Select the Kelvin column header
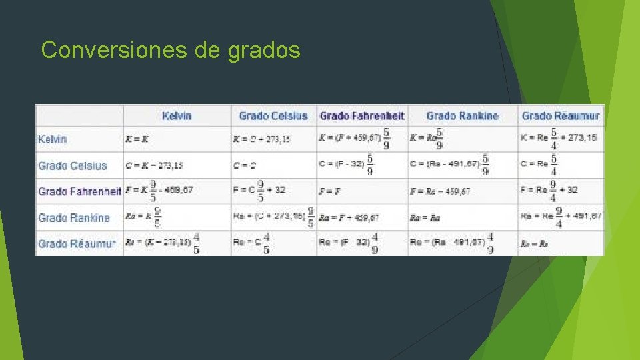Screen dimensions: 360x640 click(x=177, y=116)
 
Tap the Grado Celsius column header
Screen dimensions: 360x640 click(x=273, y=116)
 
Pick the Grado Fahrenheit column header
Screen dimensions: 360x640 click(x=362, y=116)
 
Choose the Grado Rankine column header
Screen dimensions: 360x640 click(x=463, y=116)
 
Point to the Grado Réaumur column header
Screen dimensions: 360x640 click(x=561, y=116)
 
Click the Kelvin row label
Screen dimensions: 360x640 click(x=53, y=139)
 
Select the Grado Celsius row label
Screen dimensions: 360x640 click(x=73, y=165)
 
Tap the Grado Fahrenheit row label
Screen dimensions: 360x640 click(x=79, y=191)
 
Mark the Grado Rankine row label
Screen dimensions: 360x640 click(x=74, y=218)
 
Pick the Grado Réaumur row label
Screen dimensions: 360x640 click(x=77, y=244)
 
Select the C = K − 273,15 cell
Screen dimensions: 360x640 click(x=154, y=165)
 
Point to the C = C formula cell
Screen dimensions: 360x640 click(x=245, y=165)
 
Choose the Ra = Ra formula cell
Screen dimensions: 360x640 click(x=425, y=218)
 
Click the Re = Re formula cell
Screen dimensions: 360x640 click(x=535, y=244)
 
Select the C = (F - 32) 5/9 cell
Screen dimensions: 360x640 click(x=347, y=165)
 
